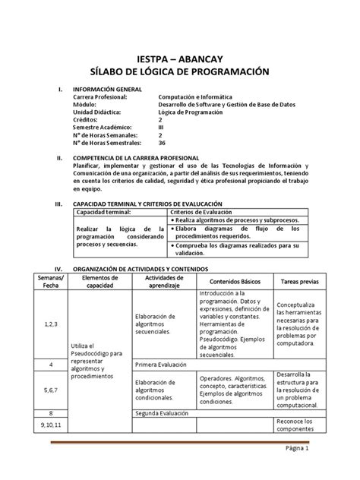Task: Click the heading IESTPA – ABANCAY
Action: click(180, 58)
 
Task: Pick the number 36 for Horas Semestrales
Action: click(162, 141)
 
